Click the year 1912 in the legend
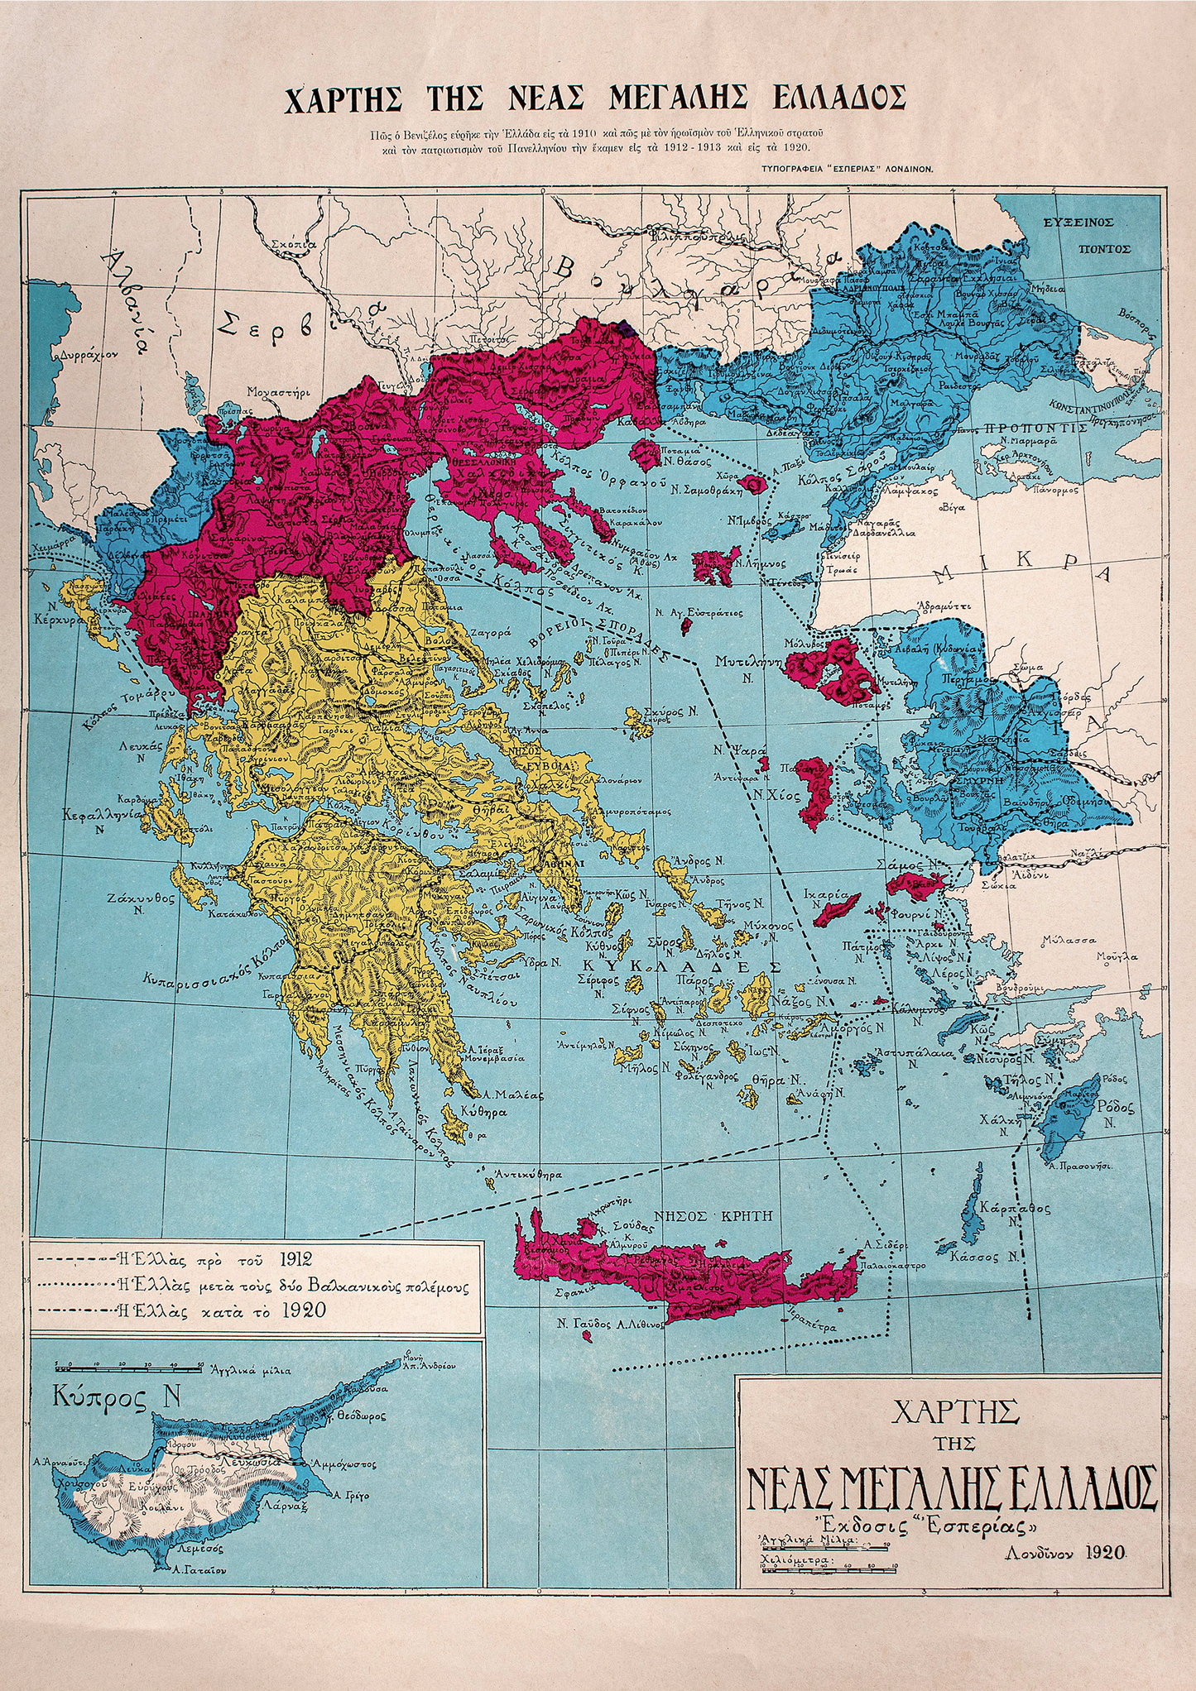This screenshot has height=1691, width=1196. tap(295, 1260)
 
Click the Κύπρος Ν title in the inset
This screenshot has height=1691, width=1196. tap(116, 1397)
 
